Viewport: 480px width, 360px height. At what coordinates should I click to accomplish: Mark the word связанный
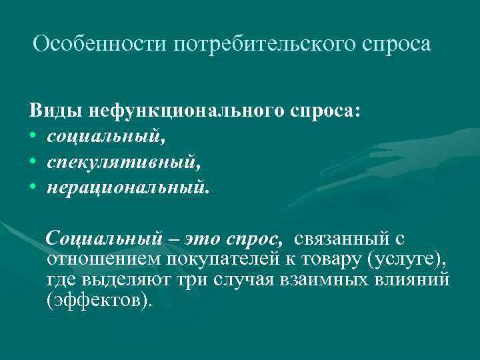[x=342, y=238]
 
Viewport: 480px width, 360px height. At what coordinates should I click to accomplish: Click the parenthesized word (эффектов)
[x=100, y=299]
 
